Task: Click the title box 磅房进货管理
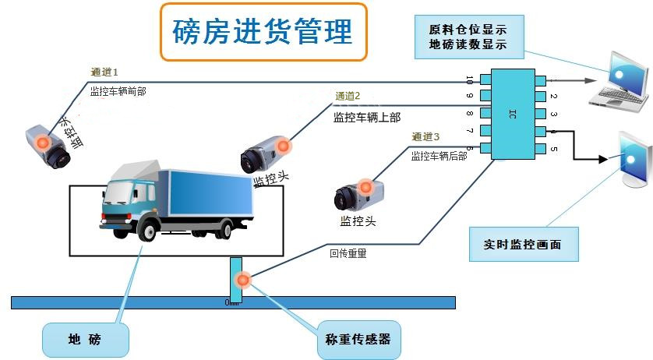click(263, 32)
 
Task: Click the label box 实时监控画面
click(525, 244)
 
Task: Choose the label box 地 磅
click(85, 339)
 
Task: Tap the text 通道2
click(348, 97)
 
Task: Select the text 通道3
click(425, 137)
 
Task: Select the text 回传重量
click(348, 253)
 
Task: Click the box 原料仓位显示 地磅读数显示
click(468, 37)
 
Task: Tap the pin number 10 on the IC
click(469, 79)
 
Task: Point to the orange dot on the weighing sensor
click(242, 280)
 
